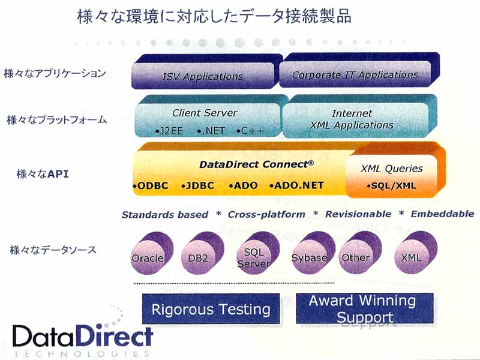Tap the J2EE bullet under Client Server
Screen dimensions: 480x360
[169, 131]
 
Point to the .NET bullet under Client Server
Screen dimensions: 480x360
[211, 131]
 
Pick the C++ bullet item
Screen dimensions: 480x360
[250, 131]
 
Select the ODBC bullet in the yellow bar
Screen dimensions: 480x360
[151, 185]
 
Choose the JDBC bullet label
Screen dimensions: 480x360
[197, 185]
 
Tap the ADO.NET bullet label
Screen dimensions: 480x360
[296, 185]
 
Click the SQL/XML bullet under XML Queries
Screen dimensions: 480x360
[392, 185]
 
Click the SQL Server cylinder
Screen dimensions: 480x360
[257, 253]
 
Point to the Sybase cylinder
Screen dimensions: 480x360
[313, 253]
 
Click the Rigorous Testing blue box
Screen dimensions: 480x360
[211, 309]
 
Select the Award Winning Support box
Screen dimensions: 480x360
[365, 308]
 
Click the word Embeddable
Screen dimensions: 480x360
[442, 214]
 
